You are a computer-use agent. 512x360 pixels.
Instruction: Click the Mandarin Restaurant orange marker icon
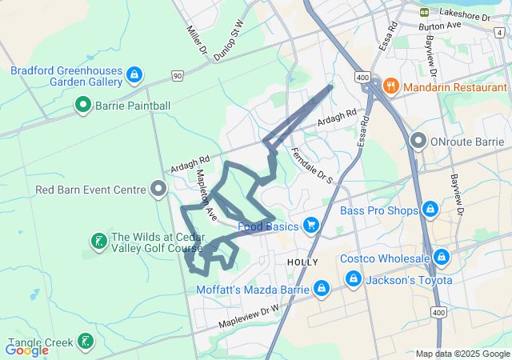pos(391,86)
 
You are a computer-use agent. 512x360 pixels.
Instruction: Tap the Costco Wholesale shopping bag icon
pos(441,258)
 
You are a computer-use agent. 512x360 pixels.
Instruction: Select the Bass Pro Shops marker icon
pos(430,210)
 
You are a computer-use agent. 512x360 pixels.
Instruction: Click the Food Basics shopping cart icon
pos(311,226)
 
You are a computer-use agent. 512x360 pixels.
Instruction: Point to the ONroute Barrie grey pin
pos(418,142)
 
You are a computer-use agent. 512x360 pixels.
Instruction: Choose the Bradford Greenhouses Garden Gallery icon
pos(134,75)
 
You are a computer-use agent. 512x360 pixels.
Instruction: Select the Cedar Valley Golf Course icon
pos(98,241)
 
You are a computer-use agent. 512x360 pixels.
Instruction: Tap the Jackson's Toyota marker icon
pos(353,279)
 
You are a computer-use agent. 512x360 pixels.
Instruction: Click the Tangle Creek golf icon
pos(83,342)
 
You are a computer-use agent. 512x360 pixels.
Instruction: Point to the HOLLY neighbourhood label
pos(302,262)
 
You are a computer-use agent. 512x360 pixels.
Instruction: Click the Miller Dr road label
pos(196,40)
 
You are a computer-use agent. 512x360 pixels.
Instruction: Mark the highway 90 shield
pos(177,75)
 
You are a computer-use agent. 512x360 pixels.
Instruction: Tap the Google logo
pos(26,350)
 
